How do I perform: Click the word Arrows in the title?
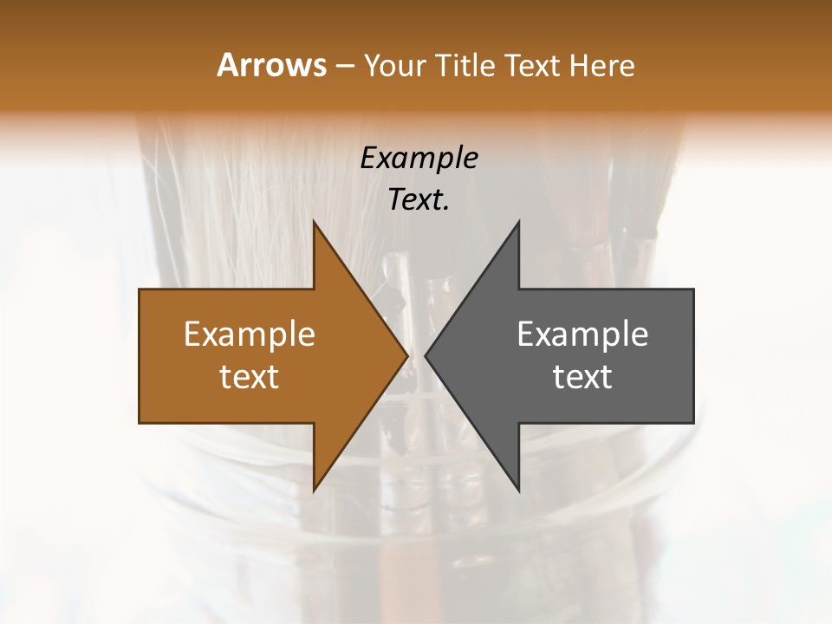[270, 65]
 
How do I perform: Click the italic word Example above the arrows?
[419, 158]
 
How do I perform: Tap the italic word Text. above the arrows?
[419, 199]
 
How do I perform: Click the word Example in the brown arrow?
[250, 334]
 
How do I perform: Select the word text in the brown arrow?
[250, 376]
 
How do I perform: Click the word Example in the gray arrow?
[582, 334]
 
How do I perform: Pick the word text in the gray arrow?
[582, 376]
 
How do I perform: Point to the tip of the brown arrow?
[407, 355]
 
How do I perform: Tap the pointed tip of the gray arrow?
[426, 355]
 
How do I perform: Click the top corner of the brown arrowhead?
[314, 221]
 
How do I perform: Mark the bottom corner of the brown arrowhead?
[314, 491]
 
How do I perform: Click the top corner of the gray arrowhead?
[519, 221]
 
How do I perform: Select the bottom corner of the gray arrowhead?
[519, 491]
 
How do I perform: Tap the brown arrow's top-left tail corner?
[140, 289]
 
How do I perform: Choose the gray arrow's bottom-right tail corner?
[693, 423]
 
